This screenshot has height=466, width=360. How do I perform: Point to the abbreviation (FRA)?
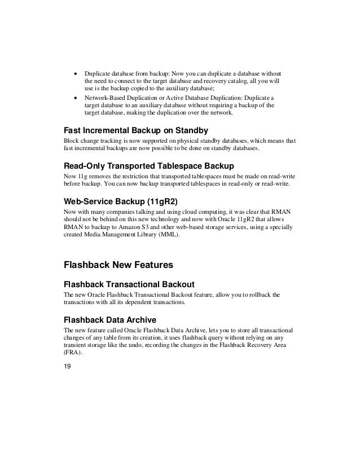[x=72, y=353]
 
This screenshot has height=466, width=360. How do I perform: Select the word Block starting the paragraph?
[x=72, y=141]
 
